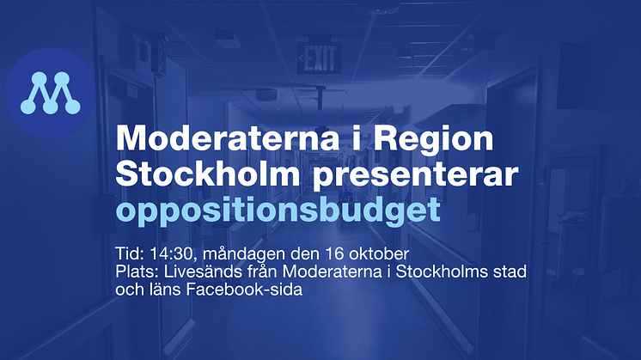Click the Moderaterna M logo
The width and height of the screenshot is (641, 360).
[51, 93]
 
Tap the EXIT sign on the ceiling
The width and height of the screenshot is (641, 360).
[320, 58]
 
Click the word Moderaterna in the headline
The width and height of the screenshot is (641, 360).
[228, 138]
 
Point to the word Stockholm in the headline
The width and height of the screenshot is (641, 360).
[208, 174]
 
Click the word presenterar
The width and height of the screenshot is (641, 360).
[416, 176]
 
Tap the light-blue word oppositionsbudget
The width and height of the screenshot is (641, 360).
[278, 211]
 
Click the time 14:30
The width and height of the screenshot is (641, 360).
[171, 253]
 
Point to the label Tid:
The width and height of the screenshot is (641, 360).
[130, 253]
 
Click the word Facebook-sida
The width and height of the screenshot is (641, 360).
[245, 290]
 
